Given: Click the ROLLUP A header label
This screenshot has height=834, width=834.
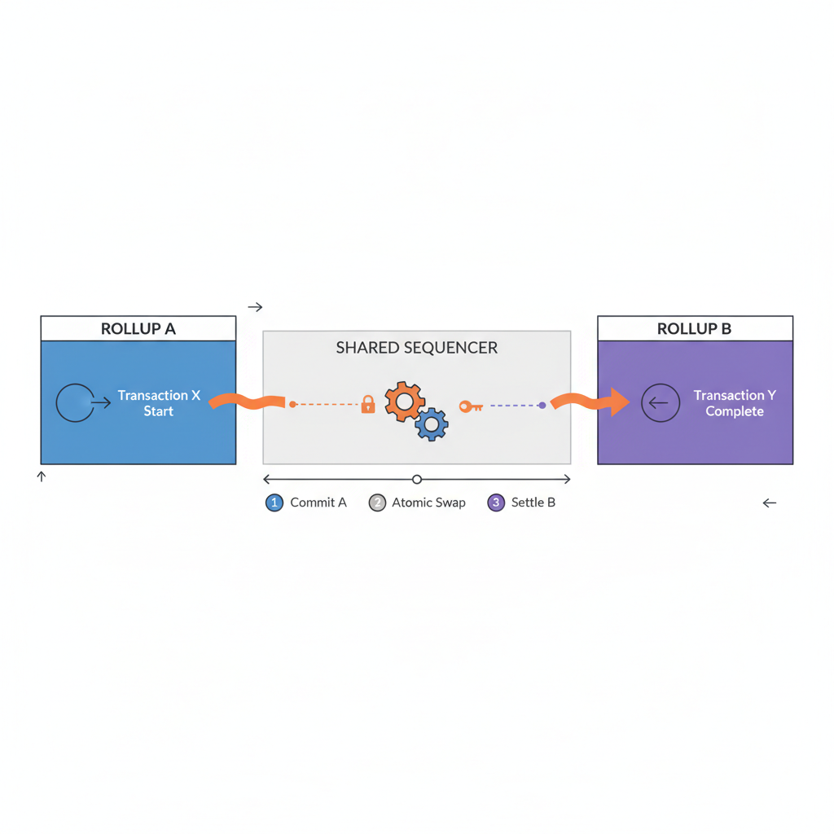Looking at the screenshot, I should pyautogui.click(x=138, y=329).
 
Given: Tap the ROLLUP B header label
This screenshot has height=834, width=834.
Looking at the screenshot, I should pyautogui.click(x=694, y=329).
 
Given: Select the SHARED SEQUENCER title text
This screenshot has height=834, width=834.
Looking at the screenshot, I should pyautogui.click(x=416, y=348).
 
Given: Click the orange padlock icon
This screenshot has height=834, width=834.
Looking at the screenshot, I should pyautogui.click(x=368, y=404).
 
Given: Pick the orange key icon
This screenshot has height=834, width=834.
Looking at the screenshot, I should pyautogui.click(x=470, y=406).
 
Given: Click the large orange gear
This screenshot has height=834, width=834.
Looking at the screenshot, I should pyautogui.click(x=404, y=401).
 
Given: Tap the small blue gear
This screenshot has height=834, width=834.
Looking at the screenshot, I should pyautogui.click(x=432, y=424).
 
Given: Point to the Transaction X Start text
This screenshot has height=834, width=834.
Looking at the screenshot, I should pyautogui.click(x=159, y=403).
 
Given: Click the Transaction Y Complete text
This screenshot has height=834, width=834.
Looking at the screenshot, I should pyautogui.click(x=735, y=403).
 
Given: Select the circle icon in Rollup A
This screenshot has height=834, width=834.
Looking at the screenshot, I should pyautogui.click(x=75, y=402).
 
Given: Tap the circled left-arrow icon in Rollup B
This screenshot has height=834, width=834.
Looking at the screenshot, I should pyautogui.click(x=661, y=402).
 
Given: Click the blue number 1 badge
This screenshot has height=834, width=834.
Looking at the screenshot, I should pyautogui.click(x=274, y=503).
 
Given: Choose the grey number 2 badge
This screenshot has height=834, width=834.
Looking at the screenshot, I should pyautogui.click(x=376, y=503).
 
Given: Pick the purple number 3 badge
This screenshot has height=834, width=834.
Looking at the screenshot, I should pyautogui.click(x=496, y=503).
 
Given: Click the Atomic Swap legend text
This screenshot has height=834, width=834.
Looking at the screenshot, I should pyautogui.click(x=428, y=503).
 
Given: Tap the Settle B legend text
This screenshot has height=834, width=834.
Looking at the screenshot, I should pyautogui.click(x=533, y=503).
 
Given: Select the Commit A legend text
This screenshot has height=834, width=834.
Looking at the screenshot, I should pyautogui.click(x=318, y=503).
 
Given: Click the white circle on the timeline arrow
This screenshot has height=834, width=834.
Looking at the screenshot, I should pyautogui.click(x=417, y=480).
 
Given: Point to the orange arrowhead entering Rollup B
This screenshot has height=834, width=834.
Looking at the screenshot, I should pyautogui.click(x=619, y=402).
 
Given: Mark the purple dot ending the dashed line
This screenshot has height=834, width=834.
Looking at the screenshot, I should pyautogui.click(x=542, y=405).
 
